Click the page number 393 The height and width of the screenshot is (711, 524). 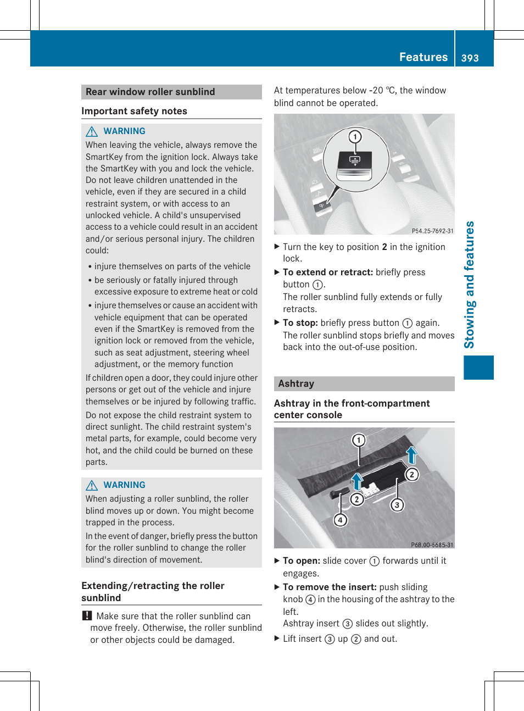pyautogui.click(x=470, y=58)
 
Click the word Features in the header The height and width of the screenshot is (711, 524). pyautogui.click(x=423, y=57)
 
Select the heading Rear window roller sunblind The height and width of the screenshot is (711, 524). pyautogui.click(x=150, y=92)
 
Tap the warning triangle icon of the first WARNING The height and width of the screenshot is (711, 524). pyautogui.click(x=92, y=131)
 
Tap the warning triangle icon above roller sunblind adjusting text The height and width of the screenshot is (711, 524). pyautogui.click(x=92, y=485)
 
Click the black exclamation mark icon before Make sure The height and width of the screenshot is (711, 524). pyautogui.click(x=87, y=616)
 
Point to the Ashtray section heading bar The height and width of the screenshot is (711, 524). pyautogui.click(x=364, y=384)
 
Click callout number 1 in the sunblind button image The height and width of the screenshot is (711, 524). pyautogui.click(x=355, y=136)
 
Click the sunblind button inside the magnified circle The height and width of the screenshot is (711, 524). pyautogui.click(x=355, y=161)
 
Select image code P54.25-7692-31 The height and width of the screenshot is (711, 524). pyautogui.click(x=432, y=231)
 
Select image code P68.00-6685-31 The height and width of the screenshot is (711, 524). pyautogui.click(x=432, y=545)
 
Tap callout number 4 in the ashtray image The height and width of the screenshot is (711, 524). pyautogui.click(x=341, y=520)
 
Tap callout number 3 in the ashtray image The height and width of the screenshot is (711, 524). pyautogui.click(x=397, y=504)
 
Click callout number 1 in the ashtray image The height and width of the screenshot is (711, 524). pyautogui.click(x=359, y=440)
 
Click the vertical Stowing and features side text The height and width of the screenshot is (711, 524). pyautogui.click(x=469, y=285)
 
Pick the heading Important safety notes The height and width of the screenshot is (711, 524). pyautogui.click(x=134, y=111)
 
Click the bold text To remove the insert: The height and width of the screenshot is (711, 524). pyautogui.click(x=330, y=587)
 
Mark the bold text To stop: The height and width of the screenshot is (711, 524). pyautogui.click(x=300, y=323)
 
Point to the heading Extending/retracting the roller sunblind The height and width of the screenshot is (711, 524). pyautogui.click(x=153, y=592)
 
